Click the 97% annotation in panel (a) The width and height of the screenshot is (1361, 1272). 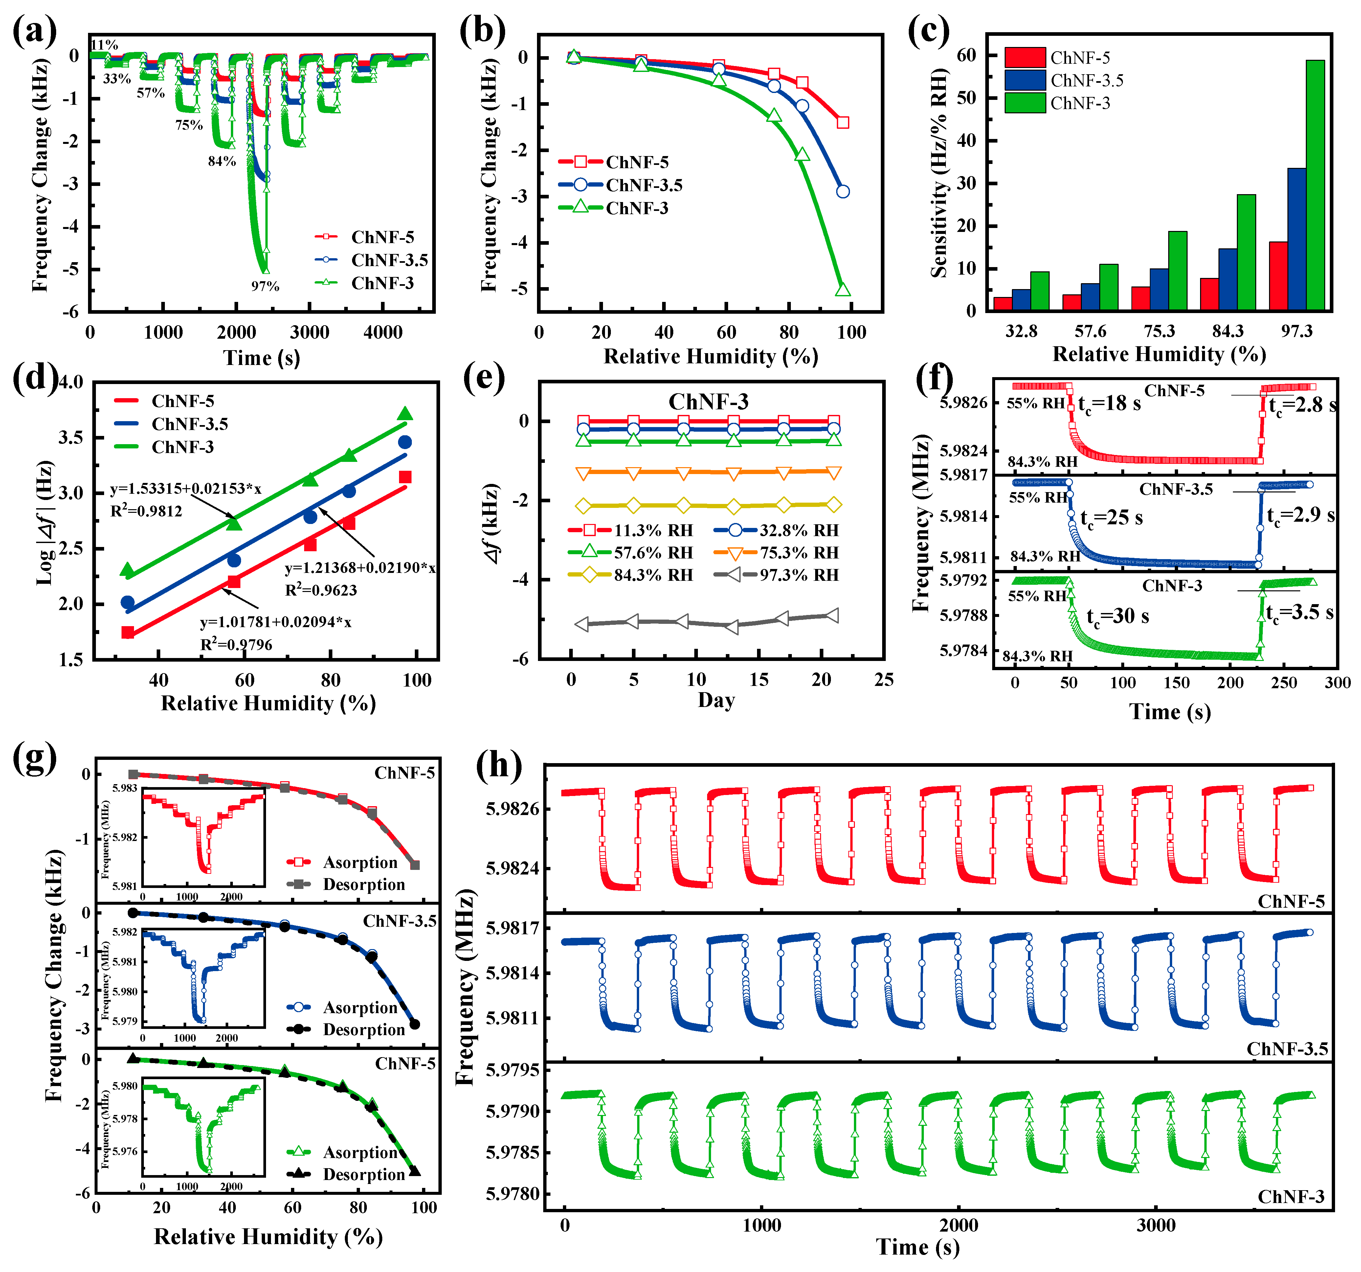pos(265,286)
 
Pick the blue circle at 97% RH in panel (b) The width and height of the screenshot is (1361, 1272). pos(843,192)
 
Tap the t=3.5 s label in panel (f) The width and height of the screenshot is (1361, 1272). pos(1299,613)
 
